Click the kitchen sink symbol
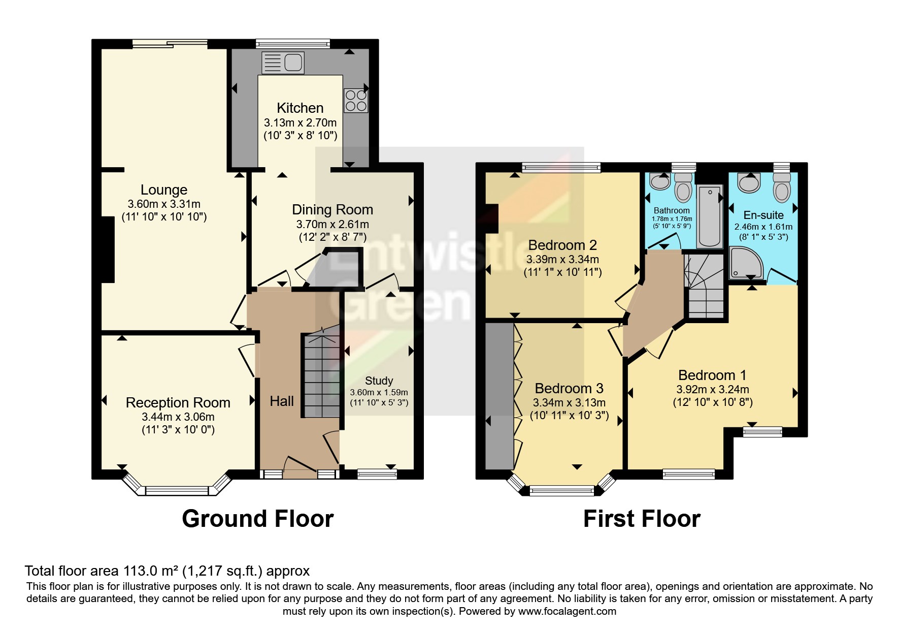(283, 63)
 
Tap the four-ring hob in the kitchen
(355, 101)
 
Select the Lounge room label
(164, 190)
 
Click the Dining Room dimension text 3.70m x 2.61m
(332, 224)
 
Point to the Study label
(379, 381)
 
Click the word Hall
(282, 401)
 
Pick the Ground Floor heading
(257, 519)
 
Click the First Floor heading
(642, 519)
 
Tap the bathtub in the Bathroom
(709, 215)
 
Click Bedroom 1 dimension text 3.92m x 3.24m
(712, 390)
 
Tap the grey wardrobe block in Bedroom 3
(500, 396)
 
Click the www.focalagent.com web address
(567, 611)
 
